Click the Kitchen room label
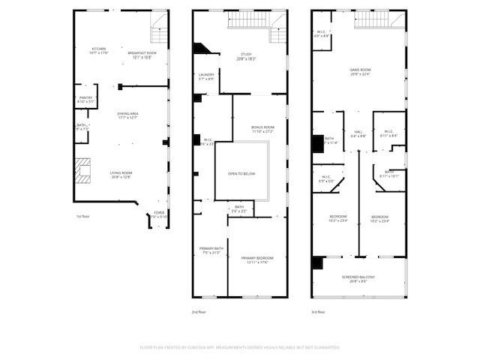point(99,51)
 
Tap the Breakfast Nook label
point(142,54)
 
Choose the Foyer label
point(159,214)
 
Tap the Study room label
point(247,55)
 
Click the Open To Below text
point(241,174)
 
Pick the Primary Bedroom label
point(257,259)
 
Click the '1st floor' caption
point(84,217)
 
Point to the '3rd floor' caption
point(318,311)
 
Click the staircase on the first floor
point(159,33)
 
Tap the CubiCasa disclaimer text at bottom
point(240,347)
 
